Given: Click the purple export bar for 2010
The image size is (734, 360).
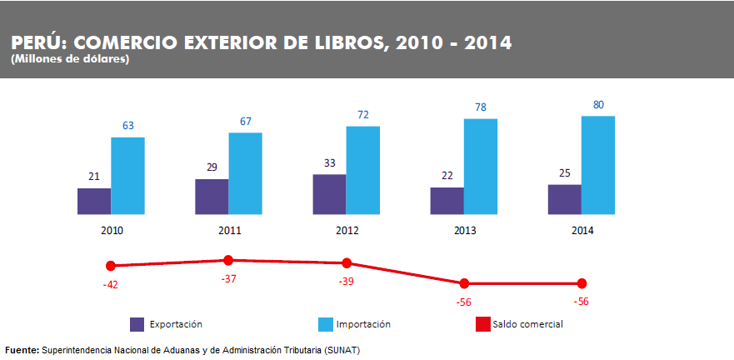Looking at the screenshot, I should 94,201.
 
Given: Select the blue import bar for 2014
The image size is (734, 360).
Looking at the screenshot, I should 598,164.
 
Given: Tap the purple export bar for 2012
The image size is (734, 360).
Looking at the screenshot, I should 329,193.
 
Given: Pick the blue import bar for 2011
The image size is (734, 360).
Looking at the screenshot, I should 246,172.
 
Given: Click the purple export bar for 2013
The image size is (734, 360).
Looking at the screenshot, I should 447,200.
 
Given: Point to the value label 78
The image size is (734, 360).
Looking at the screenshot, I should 481,107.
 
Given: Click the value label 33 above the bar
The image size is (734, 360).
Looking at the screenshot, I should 330,163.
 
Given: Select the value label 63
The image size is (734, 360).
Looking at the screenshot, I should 128,125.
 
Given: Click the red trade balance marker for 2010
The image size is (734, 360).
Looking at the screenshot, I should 111,266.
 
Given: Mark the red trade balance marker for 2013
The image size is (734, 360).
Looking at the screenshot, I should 464,283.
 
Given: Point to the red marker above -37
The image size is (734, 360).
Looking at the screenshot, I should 228,261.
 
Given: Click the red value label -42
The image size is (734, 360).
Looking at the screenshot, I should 110,284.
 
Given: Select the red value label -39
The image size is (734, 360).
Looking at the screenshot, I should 346,282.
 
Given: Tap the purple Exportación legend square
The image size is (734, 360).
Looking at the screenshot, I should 137,323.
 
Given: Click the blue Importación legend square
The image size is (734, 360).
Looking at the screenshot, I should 326,323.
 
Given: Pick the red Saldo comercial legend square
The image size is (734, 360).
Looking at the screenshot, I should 482,323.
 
